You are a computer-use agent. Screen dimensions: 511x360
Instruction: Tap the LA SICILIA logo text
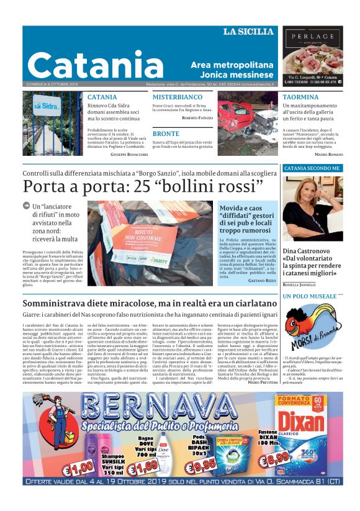[248, 32]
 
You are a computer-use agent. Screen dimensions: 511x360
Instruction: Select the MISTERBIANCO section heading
[178, 97]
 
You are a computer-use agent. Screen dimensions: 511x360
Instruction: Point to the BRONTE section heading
[166, 133]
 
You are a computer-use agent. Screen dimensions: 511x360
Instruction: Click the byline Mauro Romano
[329, 153]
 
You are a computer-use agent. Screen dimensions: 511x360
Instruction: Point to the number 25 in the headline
[149, 187]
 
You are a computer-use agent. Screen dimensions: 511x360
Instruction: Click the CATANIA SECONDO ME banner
[312, 168]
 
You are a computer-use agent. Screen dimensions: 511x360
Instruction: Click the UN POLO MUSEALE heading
[310, 296]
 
